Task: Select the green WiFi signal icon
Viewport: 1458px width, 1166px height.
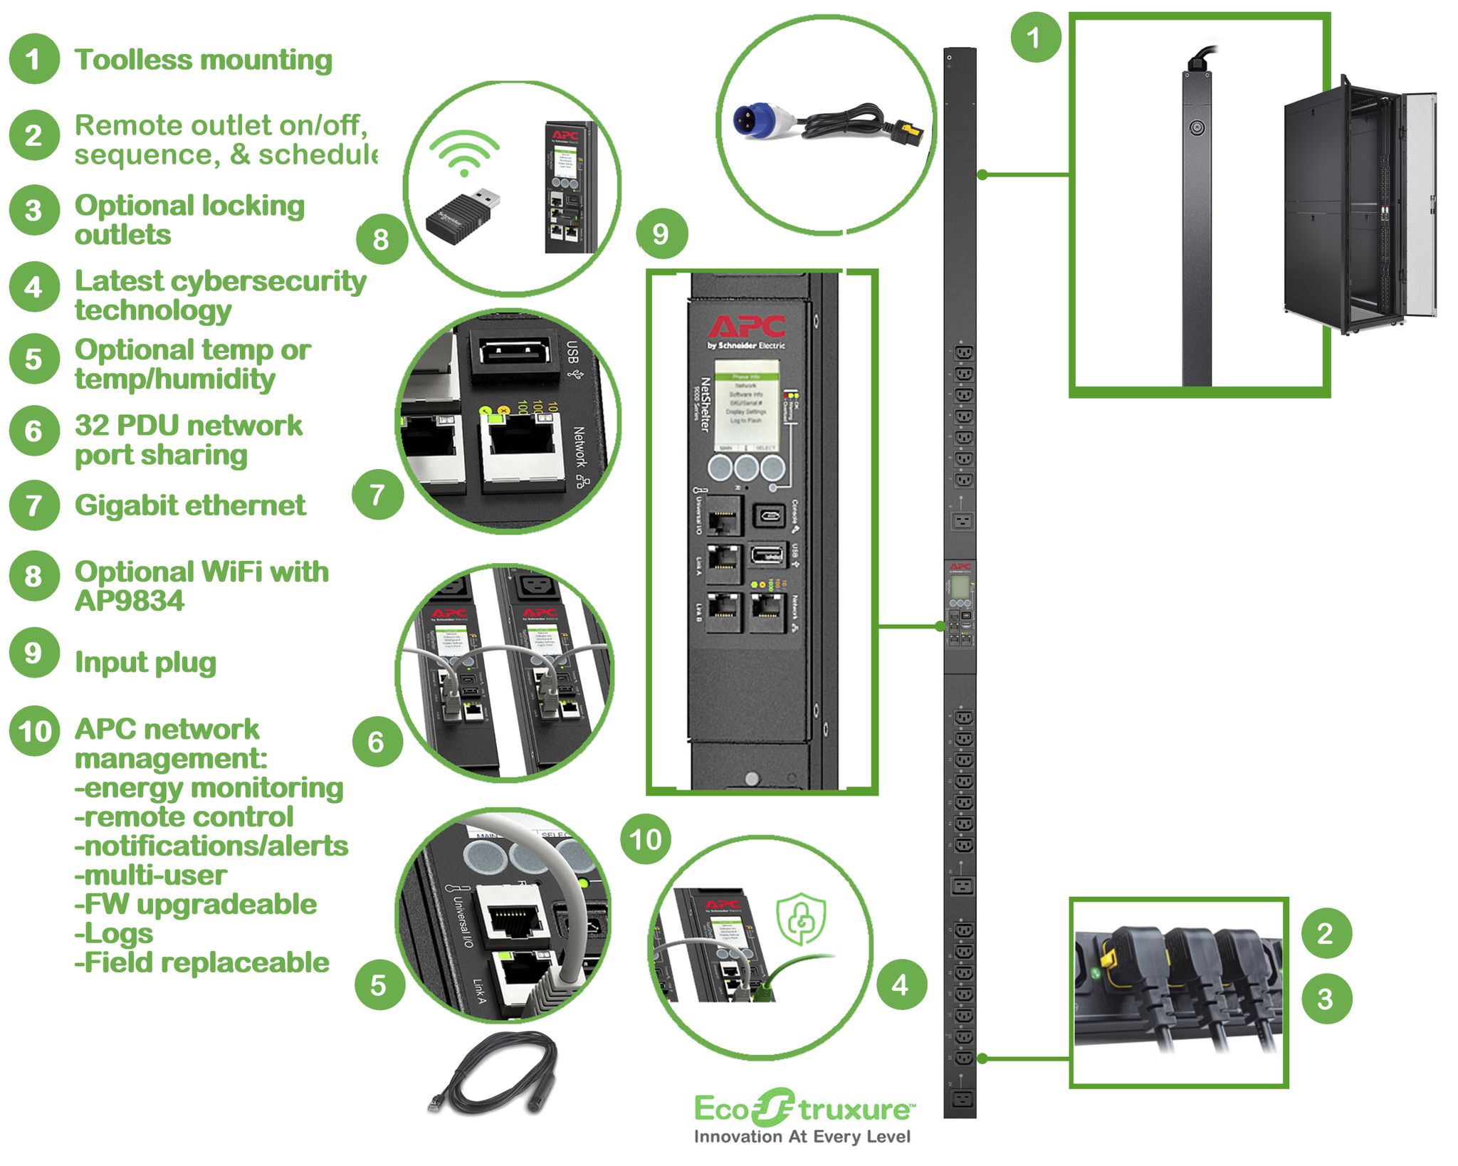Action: pos(464,152)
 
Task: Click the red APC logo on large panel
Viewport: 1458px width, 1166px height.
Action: pos(747,327)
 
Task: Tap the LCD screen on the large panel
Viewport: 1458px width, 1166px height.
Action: pos(746,404)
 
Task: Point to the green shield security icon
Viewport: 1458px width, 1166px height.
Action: pos(802,920)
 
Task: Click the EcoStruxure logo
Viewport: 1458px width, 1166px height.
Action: pos(803,1109)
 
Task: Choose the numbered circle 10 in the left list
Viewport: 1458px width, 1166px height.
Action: pos(33,731)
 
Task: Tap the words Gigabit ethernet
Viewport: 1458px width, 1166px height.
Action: pos(190,505)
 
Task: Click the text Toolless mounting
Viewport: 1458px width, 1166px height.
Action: pos(204,60)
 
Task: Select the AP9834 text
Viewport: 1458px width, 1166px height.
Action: pos(129,602)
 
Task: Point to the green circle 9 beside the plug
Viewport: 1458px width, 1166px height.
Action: pos(661,233)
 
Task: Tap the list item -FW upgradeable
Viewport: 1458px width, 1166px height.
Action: pos(195,904)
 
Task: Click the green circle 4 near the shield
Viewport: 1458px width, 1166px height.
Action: pos(901,985)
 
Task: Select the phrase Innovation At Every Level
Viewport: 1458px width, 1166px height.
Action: pos(802,1137)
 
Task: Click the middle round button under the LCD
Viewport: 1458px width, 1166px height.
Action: pos(746,468)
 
